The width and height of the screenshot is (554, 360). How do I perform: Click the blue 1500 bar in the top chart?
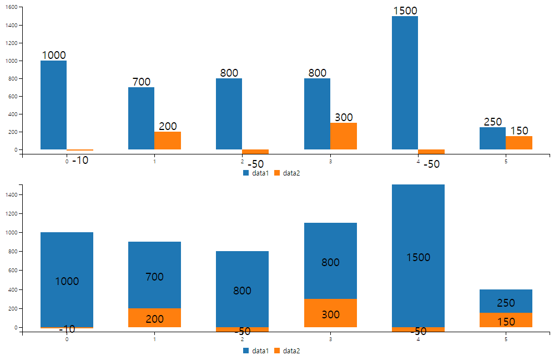click(405, 83)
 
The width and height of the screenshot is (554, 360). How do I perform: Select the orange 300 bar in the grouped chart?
click(344, 136)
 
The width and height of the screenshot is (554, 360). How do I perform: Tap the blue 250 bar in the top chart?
click(492, 138)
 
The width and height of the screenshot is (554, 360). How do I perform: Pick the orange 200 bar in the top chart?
click(168, 141)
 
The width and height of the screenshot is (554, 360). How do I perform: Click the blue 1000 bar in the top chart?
click(53, 105)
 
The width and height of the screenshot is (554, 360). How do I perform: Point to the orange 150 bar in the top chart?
click(519, 143)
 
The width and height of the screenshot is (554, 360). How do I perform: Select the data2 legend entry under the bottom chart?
click(286, 351)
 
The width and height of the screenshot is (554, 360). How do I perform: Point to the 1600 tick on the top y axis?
click(14, 7)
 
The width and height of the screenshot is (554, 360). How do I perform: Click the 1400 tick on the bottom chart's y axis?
click(14, 194)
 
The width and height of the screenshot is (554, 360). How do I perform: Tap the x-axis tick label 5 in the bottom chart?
click(506, 339)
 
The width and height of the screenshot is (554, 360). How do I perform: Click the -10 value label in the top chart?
click(80, 161)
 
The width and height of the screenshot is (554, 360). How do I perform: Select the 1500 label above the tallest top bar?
click(405, 11)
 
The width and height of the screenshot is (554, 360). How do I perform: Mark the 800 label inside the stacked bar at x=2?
click(242, 291)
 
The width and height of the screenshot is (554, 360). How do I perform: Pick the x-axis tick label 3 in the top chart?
click(330, 162)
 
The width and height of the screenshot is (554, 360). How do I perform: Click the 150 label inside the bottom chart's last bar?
click(506, 322)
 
